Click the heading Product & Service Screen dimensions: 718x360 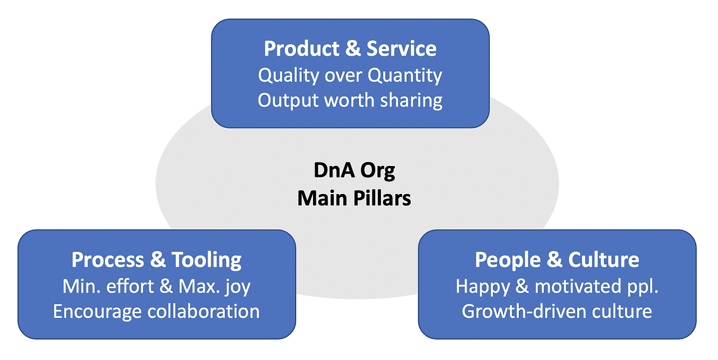tap(350, 48)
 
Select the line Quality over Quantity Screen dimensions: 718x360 tap(350, 76)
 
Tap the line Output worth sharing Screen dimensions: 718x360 tap(350, 100)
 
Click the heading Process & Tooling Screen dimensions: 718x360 tap(157, 260)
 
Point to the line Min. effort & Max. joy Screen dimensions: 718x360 tap(157, 287)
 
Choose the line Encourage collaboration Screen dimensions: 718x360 tap(157, 311)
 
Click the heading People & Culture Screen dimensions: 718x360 tap(557, 260)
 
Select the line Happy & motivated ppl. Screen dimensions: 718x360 tap(557, 287)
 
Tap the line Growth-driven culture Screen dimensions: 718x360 tap(557, 311)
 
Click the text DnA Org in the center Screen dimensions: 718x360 tap(354, 170)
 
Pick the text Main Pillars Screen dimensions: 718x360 tap(354, 199)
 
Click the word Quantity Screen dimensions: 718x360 tap(405, 76)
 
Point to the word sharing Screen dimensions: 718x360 tap(411, 101)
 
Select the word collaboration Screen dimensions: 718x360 tap(204, 311)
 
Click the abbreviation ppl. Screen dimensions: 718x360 tap(644, 287)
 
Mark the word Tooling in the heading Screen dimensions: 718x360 tap(206, 260)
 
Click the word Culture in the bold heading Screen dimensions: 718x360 tap(604, 260)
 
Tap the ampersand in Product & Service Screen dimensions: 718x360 tap(353, 48)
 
